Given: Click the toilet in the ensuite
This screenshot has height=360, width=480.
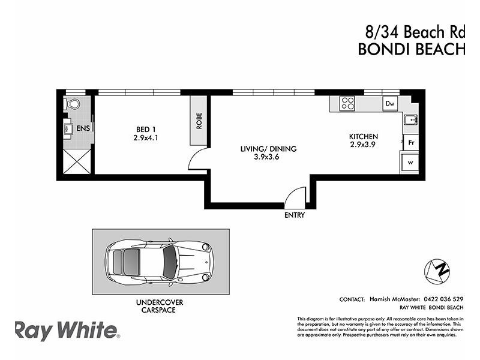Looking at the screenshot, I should click(x=73, y=104).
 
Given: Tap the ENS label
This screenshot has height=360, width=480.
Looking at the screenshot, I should click(x=83, y=128).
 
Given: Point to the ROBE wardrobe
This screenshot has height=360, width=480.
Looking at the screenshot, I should click(x=198, y=122).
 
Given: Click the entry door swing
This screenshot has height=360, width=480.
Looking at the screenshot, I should click(x=295, y=196).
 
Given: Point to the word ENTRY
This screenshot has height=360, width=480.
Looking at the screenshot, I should click(x=295, y=215).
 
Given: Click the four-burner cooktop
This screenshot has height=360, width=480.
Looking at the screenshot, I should click(x=347, y=103).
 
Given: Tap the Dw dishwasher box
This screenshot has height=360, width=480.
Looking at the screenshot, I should click(x=390, y=104).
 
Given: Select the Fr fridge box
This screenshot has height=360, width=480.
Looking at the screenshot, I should click(x=411, y=143).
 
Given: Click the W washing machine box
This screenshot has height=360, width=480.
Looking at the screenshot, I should click(x=410, y=163).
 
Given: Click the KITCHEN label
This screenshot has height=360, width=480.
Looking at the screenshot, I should click(x=364, y=137).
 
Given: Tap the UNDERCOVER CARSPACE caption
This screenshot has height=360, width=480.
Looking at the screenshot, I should click(x=159, y=306).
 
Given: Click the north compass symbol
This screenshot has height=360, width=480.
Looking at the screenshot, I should click(x=437, y=271).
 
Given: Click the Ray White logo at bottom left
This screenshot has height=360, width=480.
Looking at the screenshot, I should click(x=67, y=331).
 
